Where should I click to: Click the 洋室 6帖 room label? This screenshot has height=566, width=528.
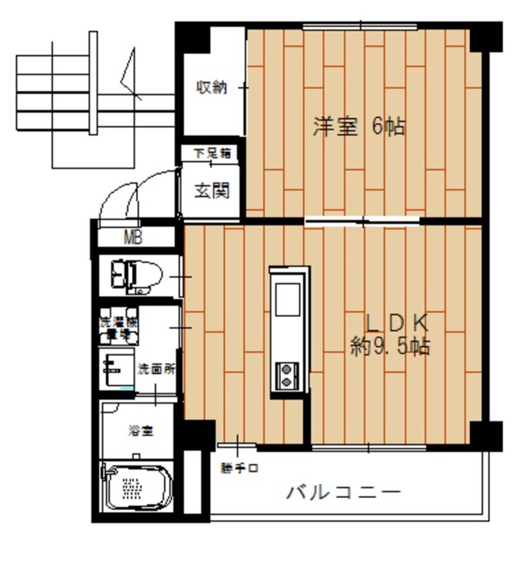tap(359, 127)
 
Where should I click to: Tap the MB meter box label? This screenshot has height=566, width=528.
tap(133, 238)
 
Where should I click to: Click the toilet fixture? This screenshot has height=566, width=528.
tap(136, 276)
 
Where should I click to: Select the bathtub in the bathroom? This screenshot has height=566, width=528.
tap(137, 486)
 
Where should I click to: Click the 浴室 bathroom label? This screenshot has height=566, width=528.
tap(141, 430)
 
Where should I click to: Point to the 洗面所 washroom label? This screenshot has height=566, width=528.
tap(157, 369)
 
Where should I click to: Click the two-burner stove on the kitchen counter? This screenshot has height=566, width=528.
tap(287, 375)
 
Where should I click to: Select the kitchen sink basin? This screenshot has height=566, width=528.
tap(287, 299)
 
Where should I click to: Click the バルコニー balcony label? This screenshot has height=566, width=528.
tap(344, 492)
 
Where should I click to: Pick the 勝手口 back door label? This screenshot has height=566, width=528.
tap(239, 468)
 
